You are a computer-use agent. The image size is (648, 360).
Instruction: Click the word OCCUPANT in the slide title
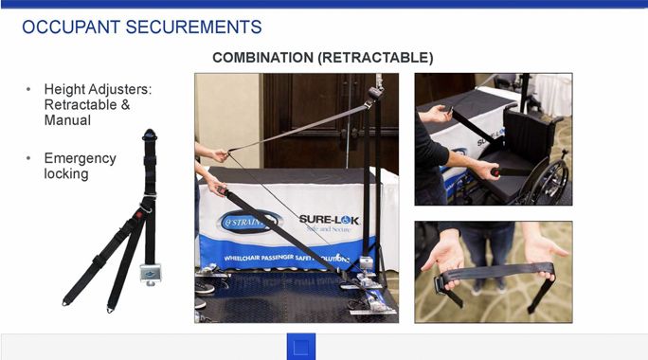71,27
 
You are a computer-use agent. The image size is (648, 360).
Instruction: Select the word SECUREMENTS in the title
193,27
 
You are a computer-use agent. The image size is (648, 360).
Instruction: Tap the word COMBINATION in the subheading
262,58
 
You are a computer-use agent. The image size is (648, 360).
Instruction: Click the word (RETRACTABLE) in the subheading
376,58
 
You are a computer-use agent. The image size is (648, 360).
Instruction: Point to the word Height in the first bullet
64,89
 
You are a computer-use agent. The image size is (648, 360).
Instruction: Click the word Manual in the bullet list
67,120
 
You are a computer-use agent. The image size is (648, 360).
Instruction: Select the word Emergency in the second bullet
81,159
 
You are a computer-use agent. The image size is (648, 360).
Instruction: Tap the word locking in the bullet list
66,174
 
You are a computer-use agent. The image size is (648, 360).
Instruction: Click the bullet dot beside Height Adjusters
28,89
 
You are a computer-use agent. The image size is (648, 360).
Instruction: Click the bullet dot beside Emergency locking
28,158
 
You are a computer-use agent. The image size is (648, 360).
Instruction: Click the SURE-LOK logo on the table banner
329,223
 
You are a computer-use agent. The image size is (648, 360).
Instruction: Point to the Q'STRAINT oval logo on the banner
248,223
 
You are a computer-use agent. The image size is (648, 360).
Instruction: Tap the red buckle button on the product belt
139,215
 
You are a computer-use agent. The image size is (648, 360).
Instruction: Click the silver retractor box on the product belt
150,273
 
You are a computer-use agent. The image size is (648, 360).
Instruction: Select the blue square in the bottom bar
301,347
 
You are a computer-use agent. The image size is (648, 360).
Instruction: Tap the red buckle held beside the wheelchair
495,171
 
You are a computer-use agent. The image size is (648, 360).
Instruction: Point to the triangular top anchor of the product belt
149,135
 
